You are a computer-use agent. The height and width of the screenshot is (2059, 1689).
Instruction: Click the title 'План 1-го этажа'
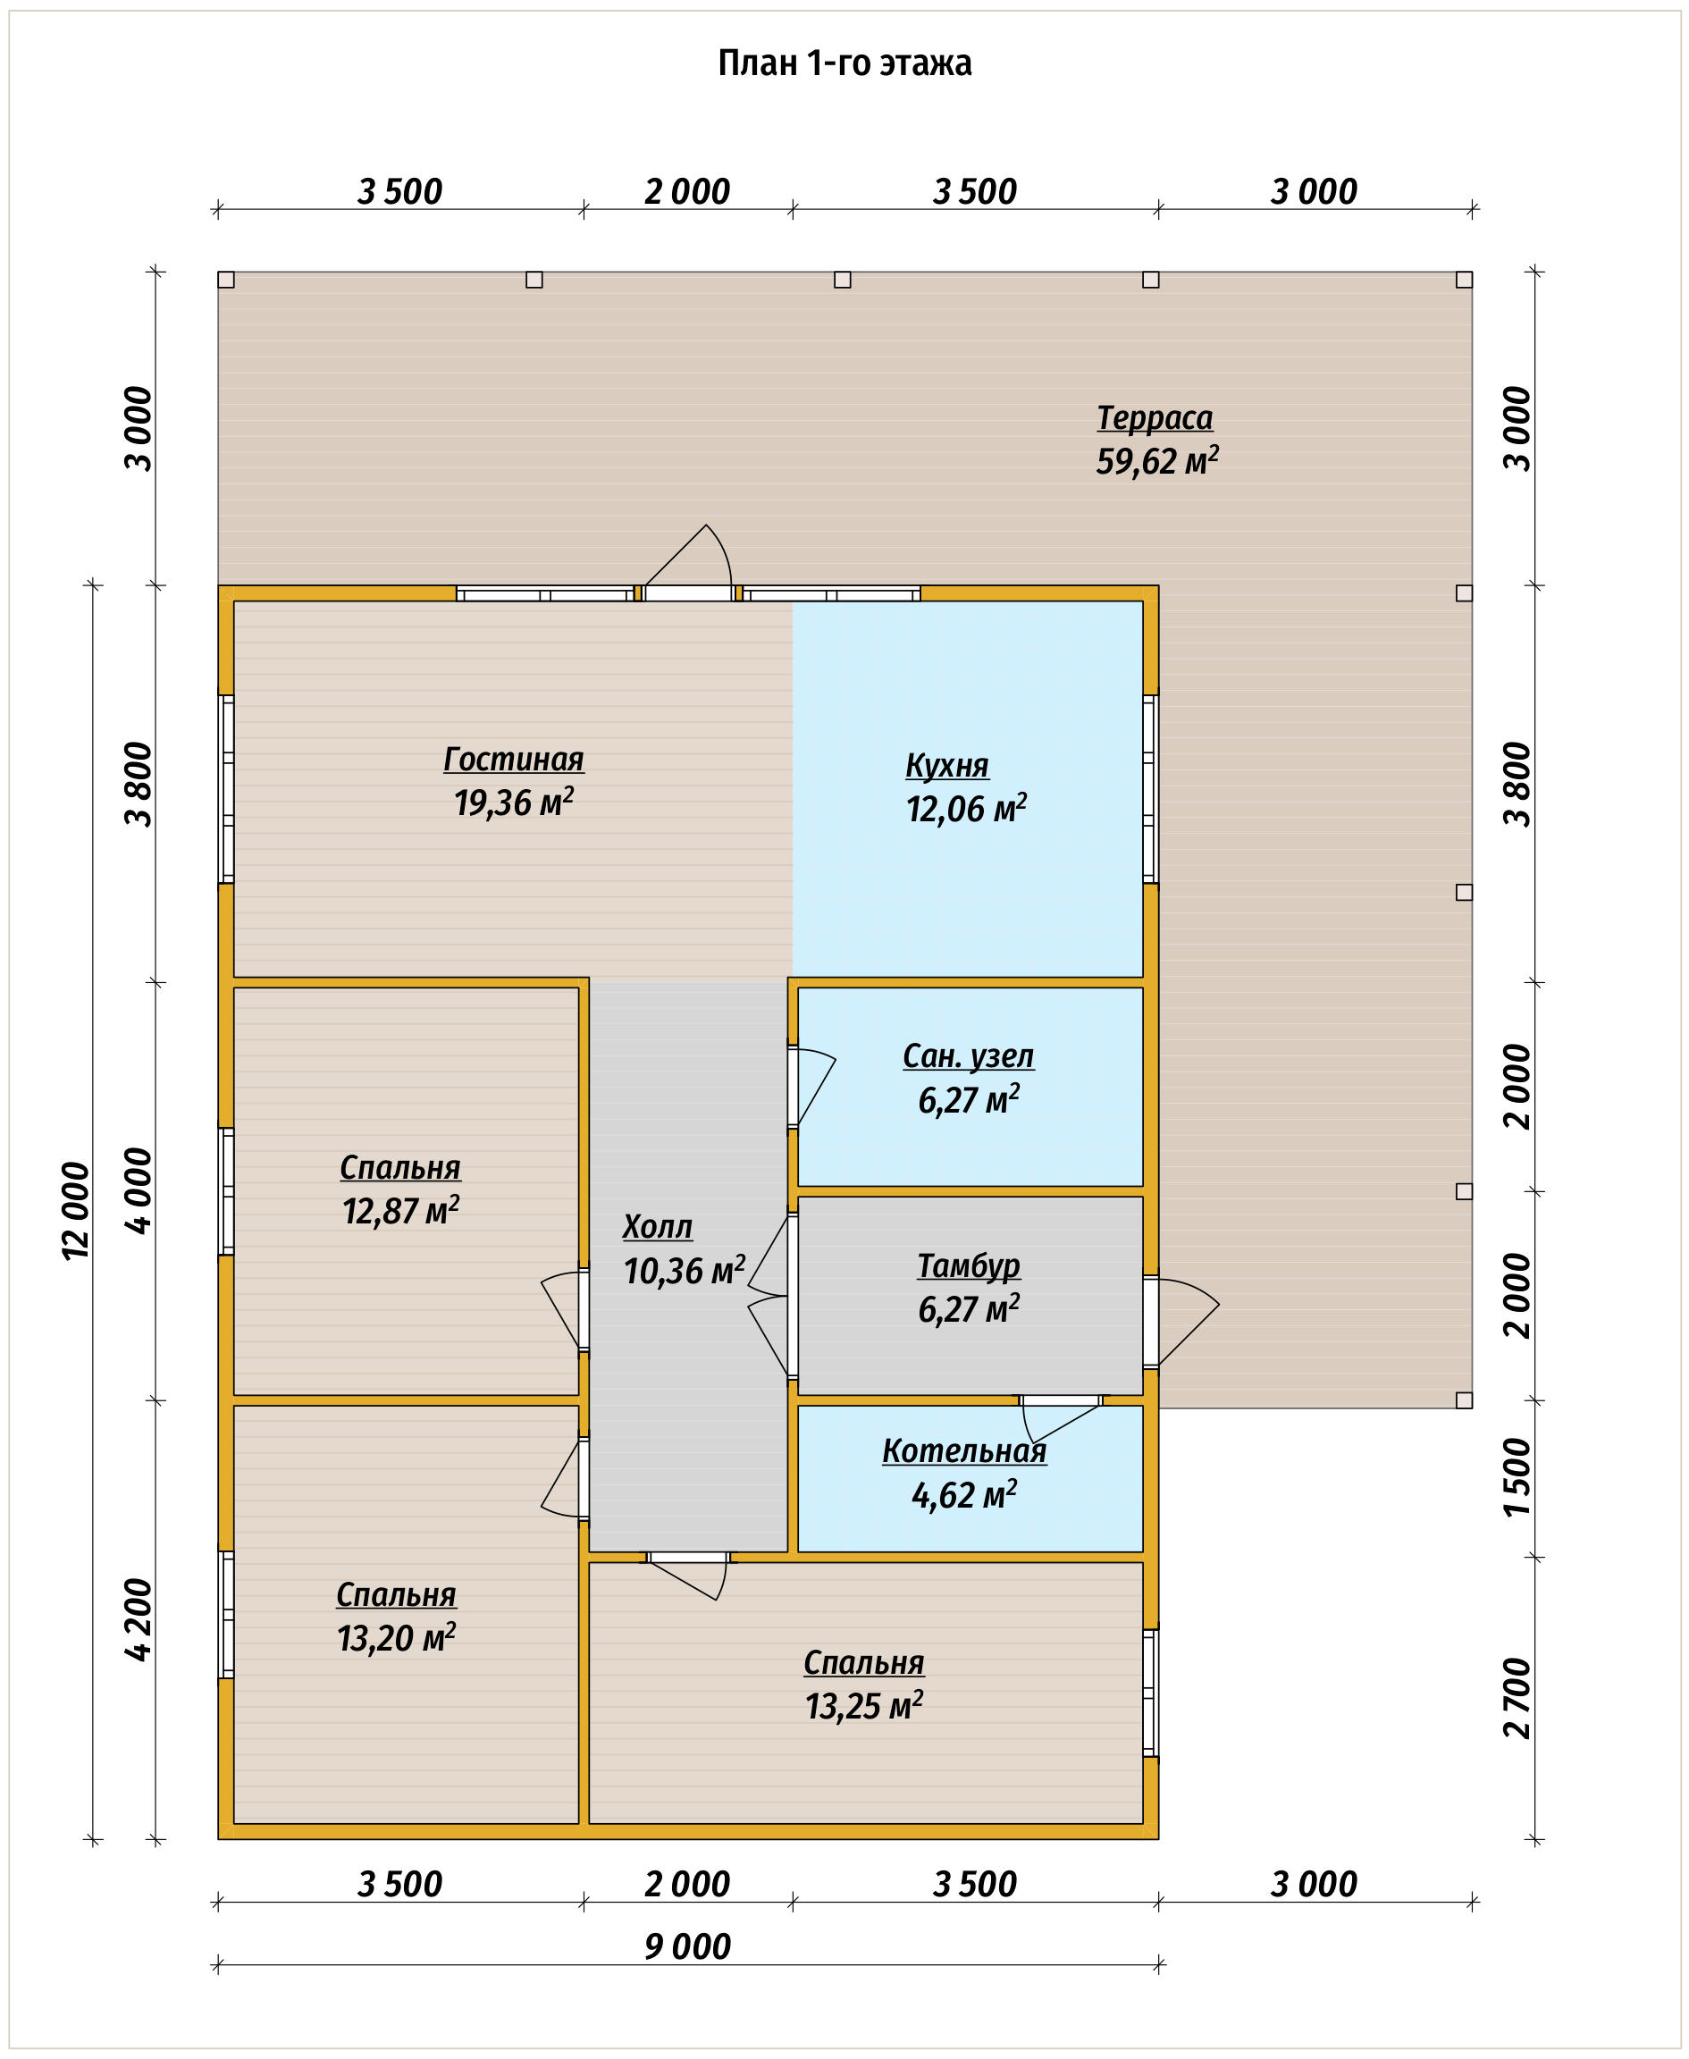coord(844,63)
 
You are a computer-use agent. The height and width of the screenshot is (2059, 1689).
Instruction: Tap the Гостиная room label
coord(514,759)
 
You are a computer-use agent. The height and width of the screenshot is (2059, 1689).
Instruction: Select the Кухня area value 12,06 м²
coord(966,808)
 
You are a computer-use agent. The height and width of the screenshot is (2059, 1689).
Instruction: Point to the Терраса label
coord(1155,417)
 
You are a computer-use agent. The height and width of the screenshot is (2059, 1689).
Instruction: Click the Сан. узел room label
coord(968,1055)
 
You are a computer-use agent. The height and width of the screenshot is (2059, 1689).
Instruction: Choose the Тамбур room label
coord(969,1265)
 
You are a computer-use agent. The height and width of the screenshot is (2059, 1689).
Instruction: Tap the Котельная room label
coord(964,1450)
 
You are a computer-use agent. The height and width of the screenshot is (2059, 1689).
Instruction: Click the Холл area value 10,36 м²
coord(684,1270)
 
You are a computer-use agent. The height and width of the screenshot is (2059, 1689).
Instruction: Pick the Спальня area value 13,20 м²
coord(397,1638)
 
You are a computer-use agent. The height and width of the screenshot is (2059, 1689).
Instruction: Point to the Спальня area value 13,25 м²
coord(864,1706)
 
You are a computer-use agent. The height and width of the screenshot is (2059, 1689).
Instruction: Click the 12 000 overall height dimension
coord(76,1212)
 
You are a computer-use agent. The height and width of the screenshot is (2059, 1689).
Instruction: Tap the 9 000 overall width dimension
coord(687,1946)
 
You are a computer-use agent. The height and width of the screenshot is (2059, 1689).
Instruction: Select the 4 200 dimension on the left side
coord(139,1619)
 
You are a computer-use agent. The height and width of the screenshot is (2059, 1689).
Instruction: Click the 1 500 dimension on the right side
coord(1517,1478)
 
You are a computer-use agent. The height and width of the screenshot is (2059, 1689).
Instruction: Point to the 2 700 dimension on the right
coord(1517,1698)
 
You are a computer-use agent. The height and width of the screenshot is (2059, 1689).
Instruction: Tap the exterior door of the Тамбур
coord(1181,1322)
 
